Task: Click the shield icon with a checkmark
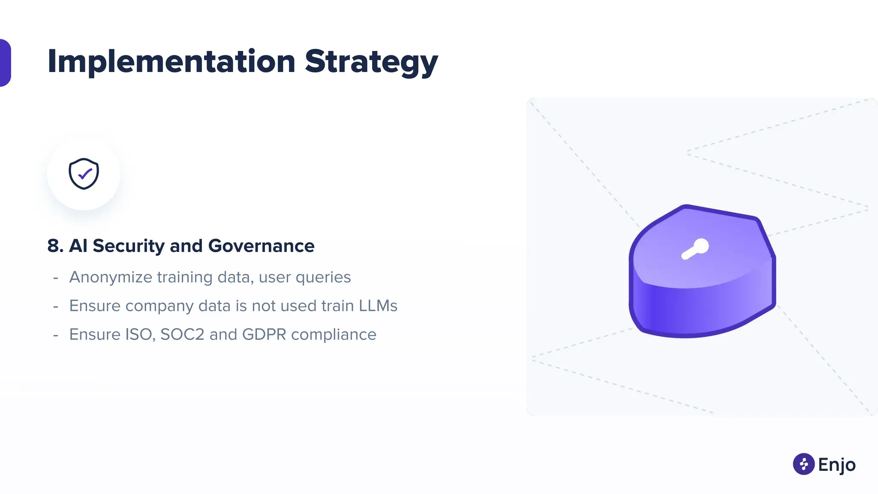point(84,174)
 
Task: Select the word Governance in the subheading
point(261,246)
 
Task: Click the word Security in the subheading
point(129,246)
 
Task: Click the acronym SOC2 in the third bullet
point(182,334)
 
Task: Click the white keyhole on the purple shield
point(695,249)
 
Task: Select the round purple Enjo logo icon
point(803,464)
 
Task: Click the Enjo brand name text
point(836,465)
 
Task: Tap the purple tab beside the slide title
point(5,63)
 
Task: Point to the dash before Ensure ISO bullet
point(56,335)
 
